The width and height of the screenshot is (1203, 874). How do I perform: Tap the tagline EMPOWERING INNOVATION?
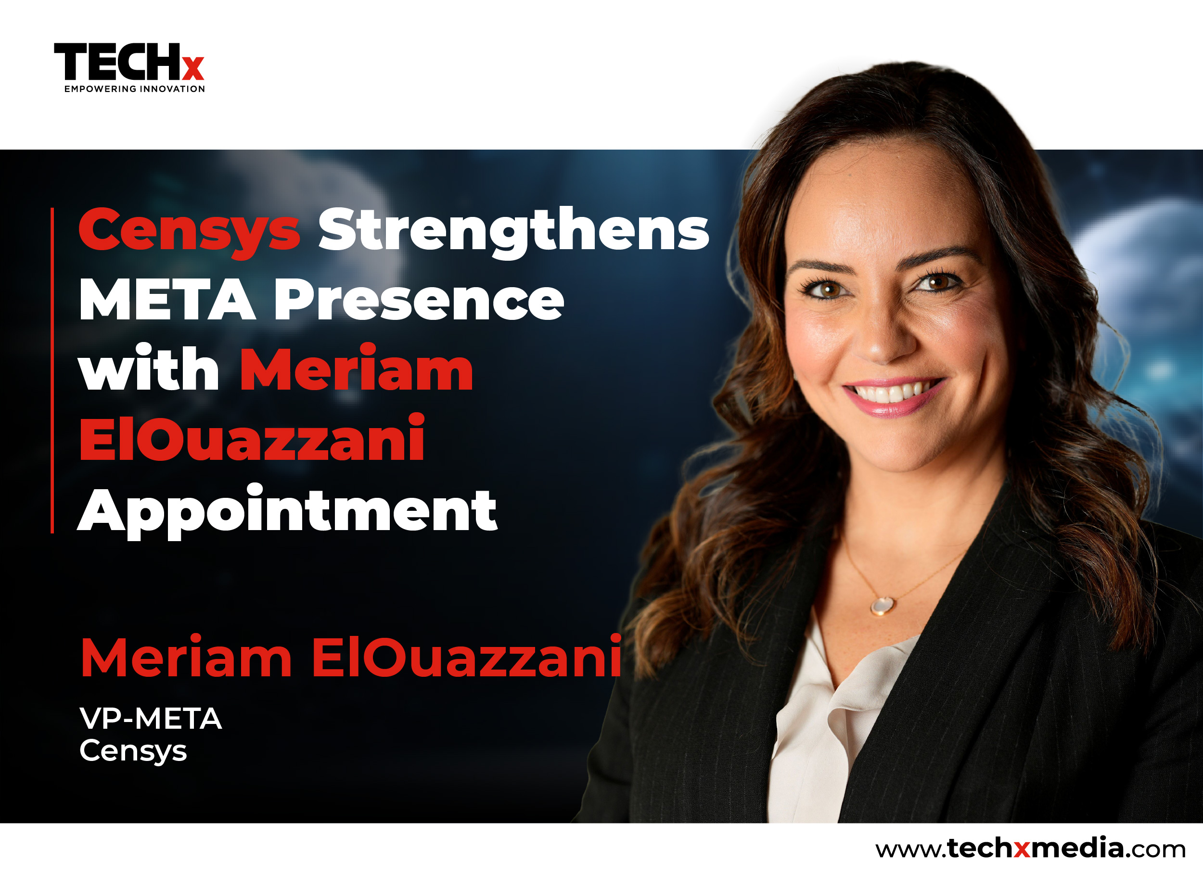pos(135,89)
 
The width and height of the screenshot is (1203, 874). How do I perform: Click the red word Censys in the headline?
pos(190,231)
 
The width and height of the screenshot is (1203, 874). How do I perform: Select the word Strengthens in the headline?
pos(513,231)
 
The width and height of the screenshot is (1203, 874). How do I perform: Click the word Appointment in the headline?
pos(287,511)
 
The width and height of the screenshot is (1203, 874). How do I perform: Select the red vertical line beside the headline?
pos(52,370)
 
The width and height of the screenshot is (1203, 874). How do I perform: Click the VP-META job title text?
pos(151,719)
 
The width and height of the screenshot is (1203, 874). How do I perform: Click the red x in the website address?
pos(1022,850)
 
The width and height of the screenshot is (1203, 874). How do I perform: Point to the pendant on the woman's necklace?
pos(882,605)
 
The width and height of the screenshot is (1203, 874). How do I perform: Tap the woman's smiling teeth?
pos(891,393)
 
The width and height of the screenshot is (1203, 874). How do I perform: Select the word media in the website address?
pos(1077,848)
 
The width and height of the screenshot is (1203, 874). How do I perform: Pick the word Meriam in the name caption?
pos(186,657)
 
